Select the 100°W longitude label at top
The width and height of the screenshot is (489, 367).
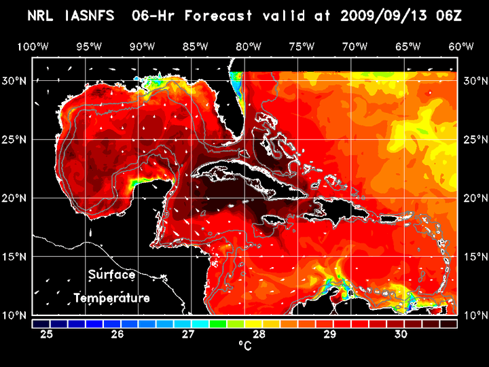[x=33, y=46]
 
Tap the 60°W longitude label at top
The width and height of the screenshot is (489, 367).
[x=461, y=46]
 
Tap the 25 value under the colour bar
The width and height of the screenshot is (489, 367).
[x=47, y=334]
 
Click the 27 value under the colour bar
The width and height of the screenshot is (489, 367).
[x=188, y=334]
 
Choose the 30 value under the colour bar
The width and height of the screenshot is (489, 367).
[x=400, y=334]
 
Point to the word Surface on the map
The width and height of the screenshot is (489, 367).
[x=112, y=275]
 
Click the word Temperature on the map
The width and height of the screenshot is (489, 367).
[x=112, y=298]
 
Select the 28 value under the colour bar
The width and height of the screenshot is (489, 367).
[x=259, y=334]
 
